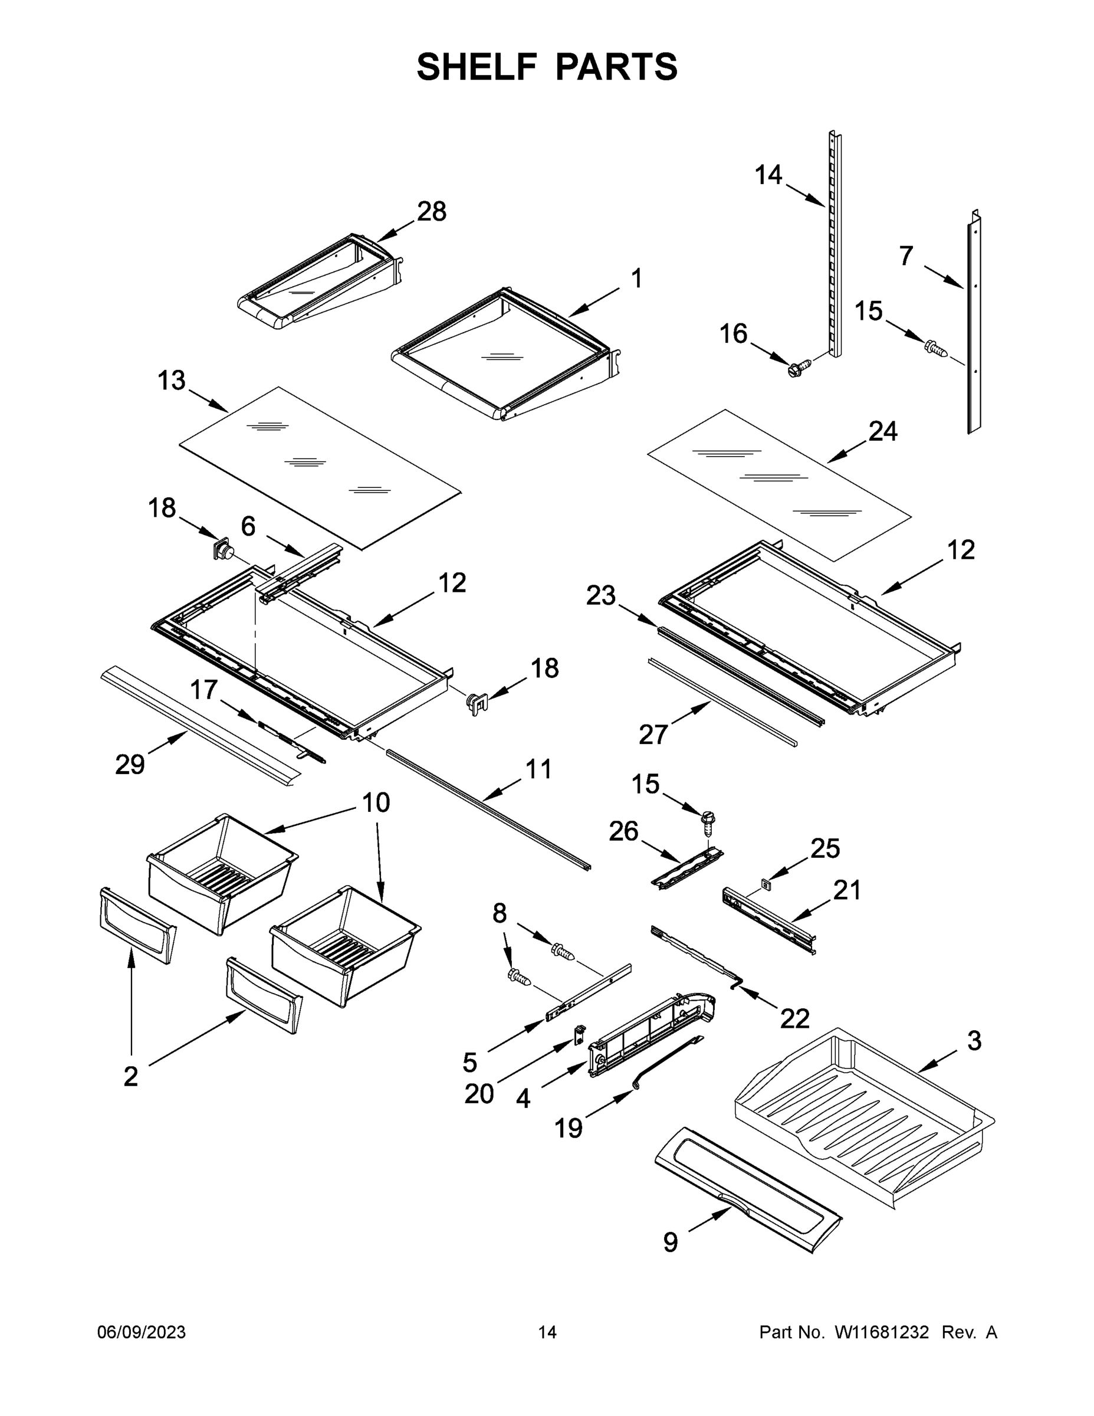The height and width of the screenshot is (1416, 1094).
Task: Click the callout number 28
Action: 432,211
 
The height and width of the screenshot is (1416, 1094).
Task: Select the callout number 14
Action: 768,175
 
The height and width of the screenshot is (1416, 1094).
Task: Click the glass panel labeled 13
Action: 320,468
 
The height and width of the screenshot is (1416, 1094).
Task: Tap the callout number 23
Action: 600,595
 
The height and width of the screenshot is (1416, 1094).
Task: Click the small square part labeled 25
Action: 766,883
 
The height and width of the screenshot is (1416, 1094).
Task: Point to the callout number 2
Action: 130,1076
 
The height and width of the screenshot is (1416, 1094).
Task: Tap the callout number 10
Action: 375,802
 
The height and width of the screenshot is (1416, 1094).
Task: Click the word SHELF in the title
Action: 477,67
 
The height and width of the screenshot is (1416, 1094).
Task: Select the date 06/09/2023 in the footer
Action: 142,1332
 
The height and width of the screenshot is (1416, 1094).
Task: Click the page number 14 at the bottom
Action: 547,1332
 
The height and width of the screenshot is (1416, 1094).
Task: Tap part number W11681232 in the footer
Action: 882,1332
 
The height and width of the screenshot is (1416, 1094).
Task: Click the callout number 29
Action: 130,765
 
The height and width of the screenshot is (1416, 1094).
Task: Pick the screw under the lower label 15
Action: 708,821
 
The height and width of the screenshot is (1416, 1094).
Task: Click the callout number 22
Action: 794,1018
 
